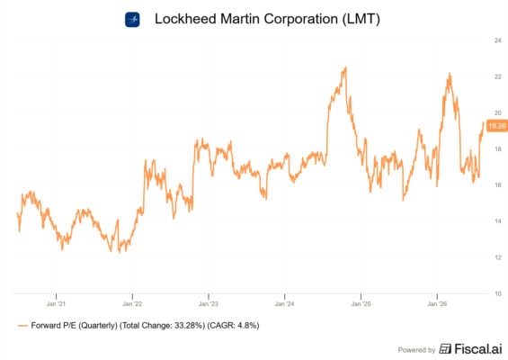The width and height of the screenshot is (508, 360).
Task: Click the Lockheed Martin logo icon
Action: click(x=132, y=20)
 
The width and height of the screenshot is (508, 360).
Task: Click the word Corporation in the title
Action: click(x=300, y=19)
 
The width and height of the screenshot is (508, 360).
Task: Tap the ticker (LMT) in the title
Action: click(x=361, y=19)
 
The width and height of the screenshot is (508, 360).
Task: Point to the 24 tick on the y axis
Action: click(x=497, y=40)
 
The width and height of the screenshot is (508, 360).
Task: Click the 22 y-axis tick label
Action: click(x=497, y=76)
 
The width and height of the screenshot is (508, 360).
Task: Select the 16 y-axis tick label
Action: click(x=497, y=184)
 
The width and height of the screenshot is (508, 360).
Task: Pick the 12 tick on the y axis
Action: click(x=497, y=257)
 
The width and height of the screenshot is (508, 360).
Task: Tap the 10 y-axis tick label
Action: click(x=497, y=293)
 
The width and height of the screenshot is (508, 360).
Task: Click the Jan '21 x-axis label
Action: click(x=56, y=304)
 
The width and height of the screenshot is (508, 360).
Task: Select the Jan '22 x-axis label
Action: click(x=132, y=304)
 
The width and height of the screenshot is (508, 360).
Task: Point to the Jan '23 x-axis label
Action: click(x=209, y=304)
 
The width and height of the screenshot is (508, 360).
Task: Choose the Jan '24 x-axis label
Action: click(x=284, y=304)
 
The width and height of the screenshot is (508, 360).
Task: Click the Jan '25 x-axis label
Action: click(x=361, y=304)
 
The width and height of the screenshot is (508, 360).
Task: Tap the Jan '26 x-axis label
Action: click(x=437, y=304)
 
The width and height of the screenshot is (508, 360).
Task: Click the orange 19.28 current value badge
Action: click(x=497, y=126)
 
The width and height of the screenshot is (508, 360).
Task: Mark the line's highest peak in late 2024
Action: click(x=345, y=67)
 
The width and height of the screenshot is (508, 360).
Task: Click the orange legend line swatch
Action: click(x=22, y=326)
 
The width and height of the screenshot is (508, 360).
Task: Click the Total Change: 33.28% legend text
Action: click(x=163, y=325)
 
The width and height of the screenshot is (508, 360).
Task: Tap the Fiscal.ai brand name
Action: click(x=478, y=349)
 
